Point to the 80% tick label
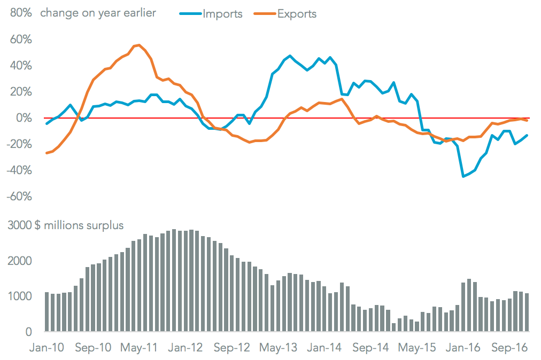[x=20, y=13]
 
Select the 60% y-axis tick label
[x=20, y=40]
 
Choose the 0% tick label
[x=24, y=118]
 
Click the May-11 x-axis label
[x=139, y=347]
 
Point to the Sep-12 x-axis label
[x=232, y=347]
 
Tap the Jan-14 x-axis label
[x=324, y=347]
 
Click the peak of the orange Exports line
[x=139, y=45]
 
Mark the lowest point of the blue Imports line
[x=463, y=176]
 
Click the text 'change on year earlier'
[x=98, y=13]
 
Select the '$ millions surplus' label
[x=79, y=225]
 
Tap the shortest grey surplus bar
[x=393, y=326]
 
